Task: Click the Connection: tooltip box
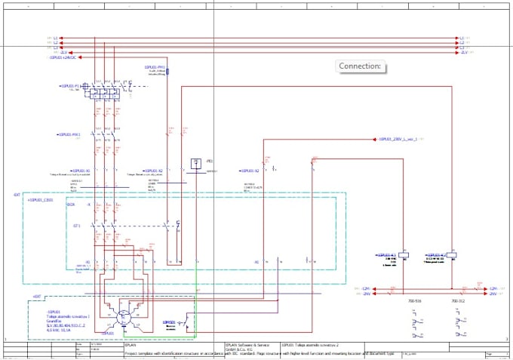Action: click(x=360, y=66)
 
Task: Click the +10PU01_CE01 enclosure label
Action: click(x=42, y=201)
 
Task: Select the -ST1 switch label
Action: click(x=75, y=225)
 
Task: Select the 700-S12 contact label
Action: click(x=458, y=301)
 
